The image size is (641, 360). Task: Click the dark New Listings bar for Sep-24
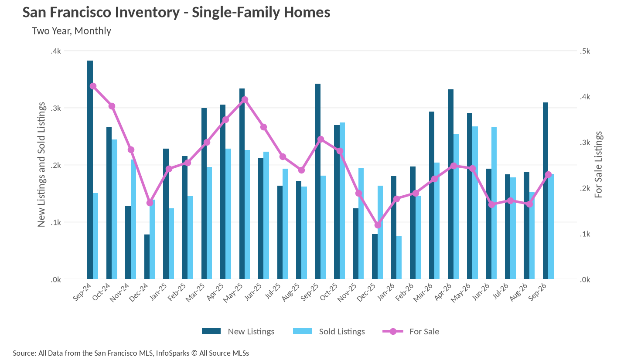[x=90, y=170]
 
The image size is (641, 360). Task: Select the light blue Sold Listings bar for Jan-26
[x=399, y=257]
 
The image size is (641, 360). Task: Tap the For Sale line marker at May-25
[x=245, y=99]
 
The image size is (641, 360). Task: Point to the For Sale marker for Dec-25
[x=378, y=225]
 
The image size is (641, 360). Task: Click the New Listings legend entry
[x=238, y=331]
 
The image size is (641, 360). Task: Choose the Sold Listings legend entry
[x=329, y=331]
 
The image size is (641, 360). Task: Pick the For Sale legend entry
[x=411, y=331]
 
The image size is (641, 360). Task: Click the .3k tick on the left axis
[x=56, y=108]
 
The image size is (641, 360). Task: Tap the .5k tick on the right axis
[x=585, y=51]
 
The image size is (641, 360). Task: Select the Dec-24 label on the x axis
[x=139, y=292]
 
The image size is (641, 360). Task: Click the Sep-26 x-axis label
[x=537, y=292]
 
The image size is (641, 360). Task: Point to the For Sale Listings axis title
[x=598, y=165]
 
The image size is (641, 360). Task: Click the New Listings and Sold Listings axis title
[x=41, y=165]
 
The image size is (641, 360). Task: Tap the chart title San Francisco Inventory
[x=176, y=12]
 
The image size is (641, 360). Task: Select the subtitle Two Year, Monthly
[x=72, y=31]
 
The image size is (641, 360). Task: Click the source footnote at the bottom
[x=131, y=353]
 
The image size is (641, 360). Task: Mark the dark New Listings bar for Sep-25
[x=317, y=181]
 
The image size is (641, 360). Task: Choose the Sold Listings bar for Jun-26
[x=494, y=203]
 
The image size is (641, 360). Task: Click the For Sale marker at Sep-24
[x=93, y=86]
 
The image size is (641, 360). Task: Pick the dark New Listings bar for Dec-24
[x=147, y=257]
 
